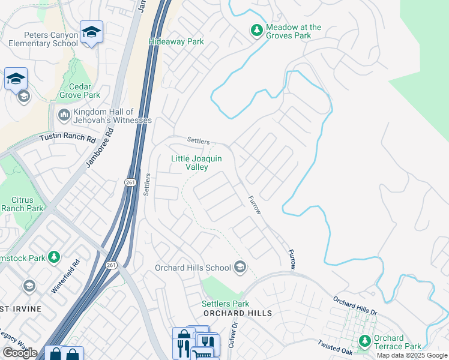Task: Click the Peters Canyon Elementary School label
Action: pos(43,39)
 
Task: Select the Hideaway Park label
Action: pos(176,42)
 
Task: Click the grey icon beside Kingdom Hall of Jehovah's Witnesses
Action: pos(64,114)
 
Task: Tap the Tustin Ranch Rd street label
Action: pos(67,138)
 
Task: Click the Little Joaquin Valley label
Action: pos(197,163)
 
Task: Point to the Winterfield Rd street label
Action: pos(65,275)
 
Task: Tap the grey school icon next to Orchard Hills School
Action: pos(240,267)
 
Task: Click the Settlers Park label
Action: pos(225,304)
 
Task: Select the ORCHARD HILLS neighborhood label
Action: pos(237,313)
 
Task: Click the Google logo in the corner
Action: pos(20,353)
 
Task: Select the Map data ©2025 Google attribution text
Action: pos(412,355)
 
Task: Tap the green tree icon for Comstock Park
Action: pos(54,257)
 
